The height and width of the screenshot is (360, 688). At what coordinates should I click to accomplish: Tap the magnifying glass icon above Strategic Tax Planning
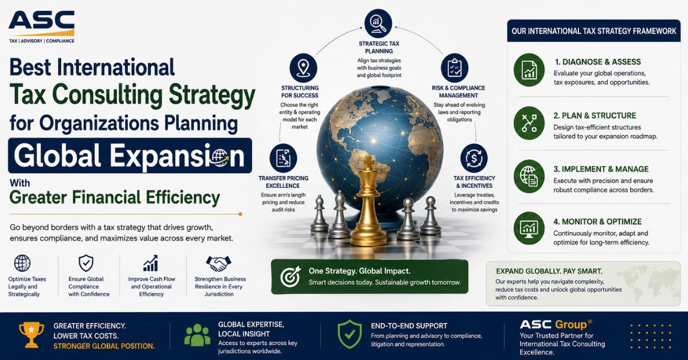click(x=378, y=24)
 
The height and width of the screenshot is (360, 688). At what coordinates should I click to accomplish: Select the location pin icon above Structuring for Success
click(x=303, y=68)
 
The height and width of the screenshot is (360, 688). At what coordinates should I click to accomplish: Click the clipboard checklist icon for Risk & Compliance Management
click(x=455, y=68)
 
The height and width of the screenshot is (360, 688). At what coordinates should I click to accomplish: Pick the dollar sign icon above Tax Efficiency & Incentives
click(x=474, y=158)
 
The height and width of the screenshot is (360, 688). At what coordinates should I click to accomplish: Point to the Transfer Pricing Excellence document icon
click(x=283, y=158)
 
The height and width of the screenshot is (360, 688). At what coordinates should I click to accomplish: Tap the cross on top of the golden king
click(x=368, y=162)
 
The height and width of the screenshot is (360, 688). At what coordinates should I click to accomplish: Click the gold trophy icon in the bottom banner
click(x=32, y=335)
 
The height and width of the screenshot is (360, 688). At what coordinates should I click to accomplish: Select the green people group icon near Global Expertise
click(x=197, y=335)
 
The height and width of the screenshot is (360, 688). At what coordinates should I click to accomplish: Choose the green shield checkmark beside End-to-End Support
click(x=350, y=334)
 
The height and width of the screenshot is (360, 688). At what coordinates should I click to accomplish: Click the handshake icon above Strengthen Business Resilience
click(x=218, y=264)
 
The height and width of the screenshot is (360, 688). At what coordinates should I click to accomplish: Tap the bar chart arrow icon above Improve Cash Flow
click(x=150, y=263)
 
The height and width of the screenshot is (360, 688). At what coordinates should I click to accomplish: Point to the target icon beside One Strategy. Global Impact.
click(x=290, y=276)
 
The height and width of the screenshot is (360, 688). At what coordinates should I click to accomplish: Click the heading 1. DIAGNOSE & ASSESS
click(x=597, y=62)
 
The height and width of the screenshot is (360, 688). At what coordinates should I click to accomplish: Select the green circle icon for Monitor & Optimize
click(x=529, y=228)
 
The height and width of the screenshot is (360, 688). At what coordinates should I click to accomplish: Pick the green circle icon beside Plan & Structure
click(x=529, y=123)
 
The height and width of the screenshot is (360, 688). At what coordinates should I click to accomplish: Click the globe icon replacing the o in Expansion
click(x=221, y=158)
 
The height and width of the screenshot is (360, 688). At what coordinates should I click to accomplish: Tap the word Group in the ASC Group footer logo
click(x=570, y=324)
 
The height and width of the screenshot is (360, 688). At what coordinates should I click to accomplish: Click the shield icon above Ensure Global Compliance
click(x=86, y=263)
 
